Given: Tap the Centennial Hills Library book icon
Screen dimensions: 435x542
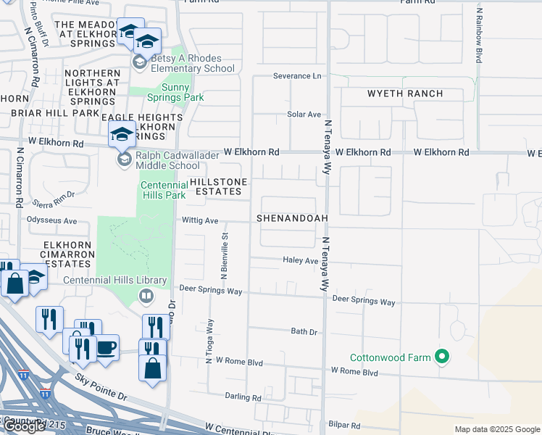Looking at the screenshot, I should click(146, 295).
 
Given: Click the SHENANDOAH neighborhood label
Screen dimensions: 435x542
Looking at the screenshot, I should click(292, 218).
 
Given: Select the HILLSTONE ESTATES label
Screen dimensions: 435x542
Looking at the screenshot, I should click(214, 186).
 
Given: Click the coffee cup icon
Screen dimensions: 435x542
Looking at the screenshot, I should click(106, 347).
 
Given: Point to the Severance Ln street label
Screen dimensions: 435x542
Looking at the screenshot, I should click(296, 75).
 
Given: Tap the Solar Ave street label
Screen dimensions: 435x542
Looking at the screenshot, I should click(304, 115).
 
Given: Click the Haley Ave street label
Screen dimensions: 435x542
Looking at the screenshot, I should click(301, 260).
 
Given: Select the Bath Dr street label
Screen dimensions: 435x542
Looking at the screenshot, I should click(304, 331).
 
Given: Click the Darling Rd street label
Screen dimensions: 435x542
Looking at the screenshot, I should click(243, 397).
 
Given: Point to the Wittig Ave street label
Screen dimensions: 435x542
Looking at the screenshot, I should click(200, 220).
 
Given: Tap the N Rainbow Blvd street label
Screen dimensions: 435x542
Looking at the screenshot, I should click(479, 34).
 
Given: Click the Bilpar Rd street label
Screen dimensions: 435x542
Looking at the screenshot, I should click(344, 425).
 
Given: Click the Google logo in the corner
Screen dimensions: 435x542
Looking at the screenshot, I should click(24, 426).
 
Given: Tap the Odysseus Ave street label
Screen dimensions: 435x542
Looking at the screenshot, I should click(51, 220).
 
